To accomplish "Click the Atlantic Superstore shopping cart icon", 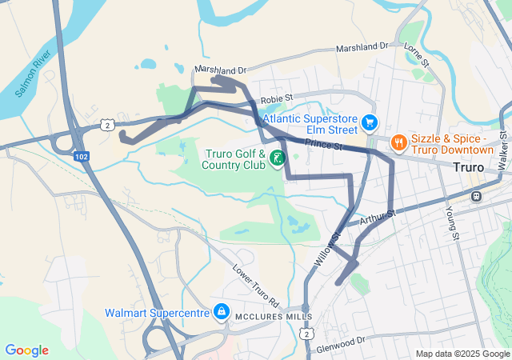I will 370,122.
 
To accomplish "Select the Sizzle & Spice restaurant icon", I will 398,142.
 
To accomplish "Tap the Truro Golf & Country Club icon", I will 277,158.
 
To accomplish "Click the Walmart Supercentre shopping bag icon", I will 221,311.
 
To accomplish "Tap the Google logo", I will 26,350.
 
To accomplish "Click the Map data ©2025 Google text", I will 463,354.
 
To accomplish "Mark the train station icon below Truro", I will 476,195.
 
